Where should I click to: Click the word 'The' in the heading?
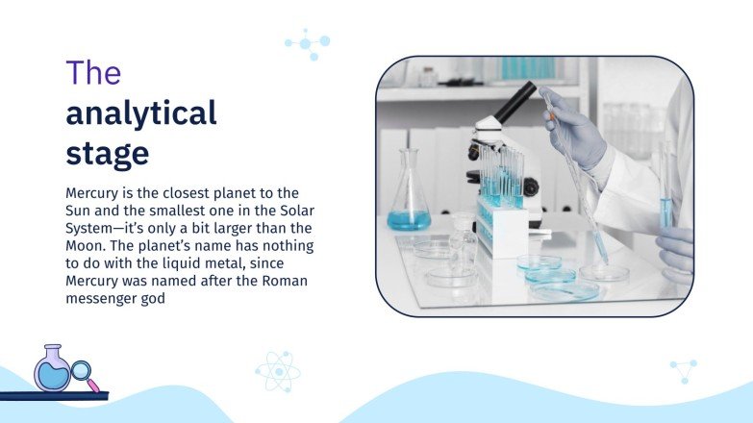click(92, 74)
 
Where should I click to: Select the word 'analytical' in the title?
click(140, 113)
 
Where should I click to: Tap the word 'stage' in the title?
click(107, 153)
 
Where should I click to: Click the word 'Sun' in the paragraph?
click(79, 211)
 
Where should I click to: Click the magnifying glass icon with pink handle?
click(83, 374)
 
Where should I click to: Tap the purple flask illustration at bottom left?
click(51, 367)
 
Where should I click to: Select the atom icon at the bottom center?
click(277, 370)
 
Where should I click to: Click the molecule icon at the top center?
click(308, 44)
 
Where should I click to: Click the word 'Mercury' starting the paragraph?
click(94, 193)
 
